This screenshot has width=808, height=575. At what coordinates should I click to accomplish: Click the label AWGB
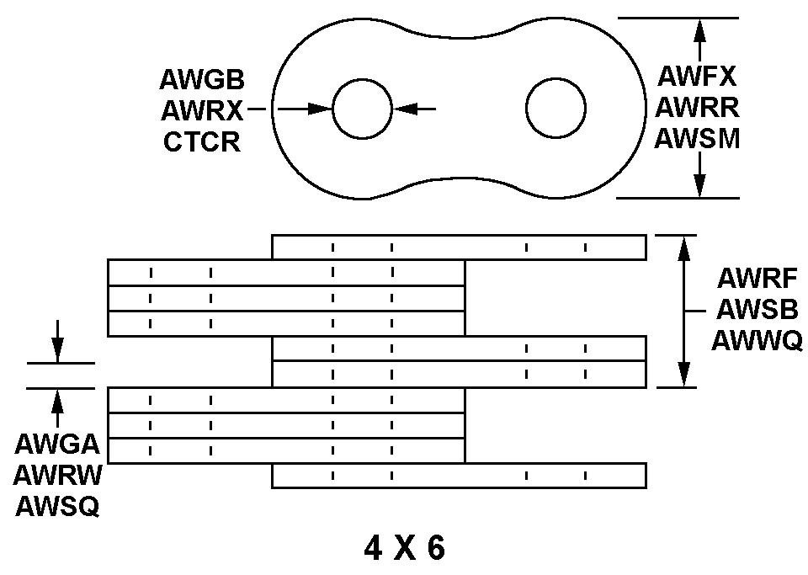[202, 80]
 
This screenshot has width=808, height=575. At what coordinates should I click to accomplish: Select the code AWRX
[202, 110]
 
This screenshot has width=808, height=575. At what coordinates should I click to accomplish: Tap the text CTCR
[202, 141]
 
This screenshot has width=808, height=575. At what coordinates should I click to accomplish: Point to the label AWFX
[697, 77]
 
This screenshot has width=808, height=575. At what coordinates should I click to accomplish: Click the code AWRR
[697, 108]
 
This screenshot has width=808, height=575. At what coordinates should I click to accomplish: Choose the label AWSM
[697, 137]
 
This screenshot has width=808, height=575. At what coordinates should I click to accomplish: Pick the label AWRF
[757, 279]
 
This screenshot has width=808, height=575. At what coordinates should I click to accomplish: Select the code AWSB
[757, 310]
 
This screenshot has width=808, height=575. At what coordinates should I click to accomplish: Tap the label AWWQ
[757, 340]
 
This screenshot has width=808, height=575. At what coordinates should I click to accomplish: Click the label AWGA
[56, 445]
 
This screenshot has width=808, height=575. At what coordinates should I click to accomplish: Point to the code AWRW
[56, 476]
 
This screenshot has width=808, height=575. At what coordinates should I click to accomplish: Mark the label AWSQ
[56, 506]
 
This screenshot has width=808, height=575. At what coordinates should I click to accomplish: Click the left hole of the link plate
[362, 109]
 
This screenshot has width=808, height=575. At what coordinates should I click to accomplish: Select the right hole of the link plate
[555, 109]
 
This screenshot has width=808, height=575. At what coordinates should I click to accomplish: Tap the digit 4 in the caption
[373, 549]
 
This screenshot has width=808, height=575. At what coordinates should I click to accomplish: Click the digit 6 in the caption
[435, 549]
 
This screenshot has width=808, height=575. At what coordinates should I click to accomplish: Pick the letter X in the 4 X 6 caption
[404, 549]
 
